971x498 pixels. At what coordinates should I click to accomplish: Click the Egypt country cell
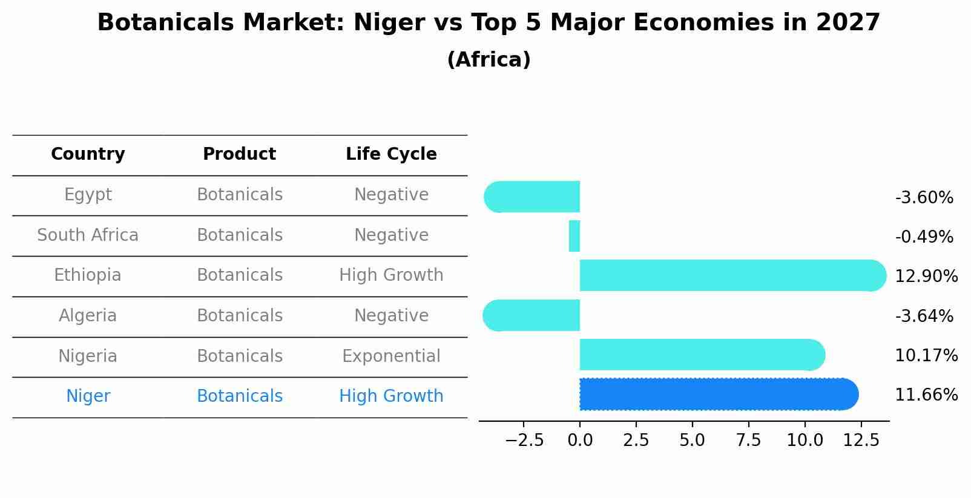(x=88, y=195)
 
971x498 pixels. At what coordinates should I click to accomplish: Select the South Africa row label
(x=88, y=235)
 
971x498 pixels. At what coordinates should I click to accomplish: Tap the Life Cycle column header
(x=391, y=154)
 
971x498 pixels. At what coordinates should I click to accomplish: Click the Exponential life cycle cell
(x=391, y=356)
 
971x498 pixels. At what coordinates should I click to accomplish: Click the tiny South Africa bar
(x=574, y=236)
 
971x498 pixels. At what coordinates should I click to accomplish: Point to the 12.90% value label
(x=926, y=277)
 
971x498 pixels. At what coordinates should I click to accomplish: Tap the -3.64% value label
(x=924, y=316)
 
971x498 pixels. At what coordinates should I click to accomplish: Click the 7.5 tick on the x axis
(x=748, y=441)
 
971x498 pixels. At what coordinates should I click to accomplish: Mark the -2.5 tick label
(x=524, y=441)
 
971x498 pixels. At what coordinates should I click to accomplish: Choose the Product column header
(x=239, y=154)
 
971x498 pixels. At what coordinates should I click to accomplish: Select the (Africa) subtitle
(x=489, y=60)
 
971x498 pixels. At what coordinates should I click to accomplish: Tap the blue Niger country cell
(x=88, y=396)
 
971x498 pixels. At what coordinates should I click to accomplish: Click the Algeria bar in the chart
(x=533, y=315)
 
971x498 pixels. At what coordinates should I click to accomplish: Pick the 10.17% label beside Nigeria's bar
(x=926, y=356)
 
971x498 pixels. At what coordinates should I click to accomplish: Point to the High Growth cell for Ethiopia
(x=391, y=275)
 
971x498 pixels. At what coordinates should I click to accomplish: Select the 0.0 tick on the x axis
(x=580, y=441)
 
